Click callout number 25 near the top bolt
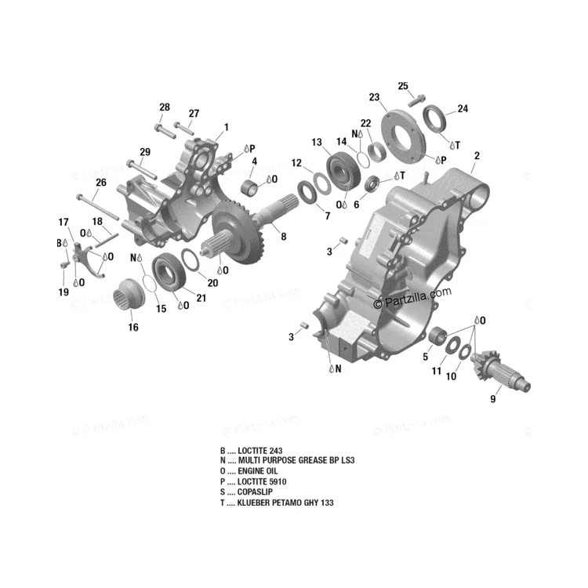pos(403,86)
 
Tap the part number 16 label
pos(133,328)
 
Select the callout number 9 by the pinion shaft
pos(493,399)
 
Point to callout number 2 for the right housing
pos(477,156)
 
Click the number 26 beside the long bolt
pos(101,183)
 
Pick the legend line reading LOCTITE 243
pos(251,450)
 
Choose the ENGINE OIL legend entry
pos(249,471)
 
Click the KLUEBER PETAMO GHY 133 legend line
pos(277,503)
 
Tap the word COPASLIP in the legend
pos(255,492)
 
